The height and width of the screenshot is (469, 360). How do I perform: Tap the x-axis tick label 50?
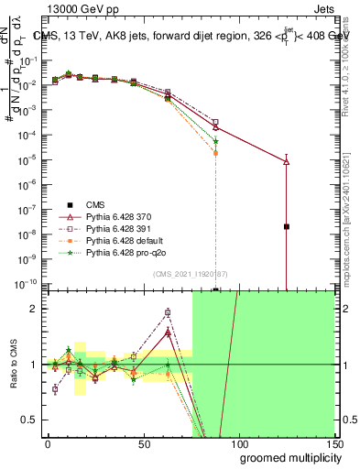pos(143,442)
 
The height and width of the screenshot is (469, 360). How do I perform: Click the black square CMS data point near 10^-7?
pos(287,226)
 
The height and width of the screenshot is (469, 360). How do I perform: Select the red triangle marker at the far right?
pos(287,161)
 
